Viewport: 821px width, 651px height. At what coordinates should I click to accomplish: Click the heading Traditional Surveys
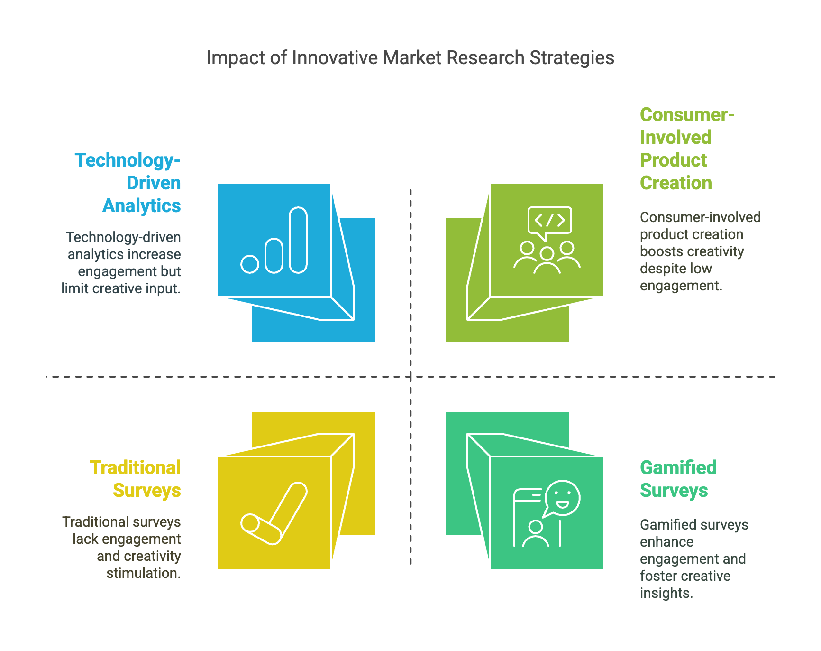(x=136, y=479)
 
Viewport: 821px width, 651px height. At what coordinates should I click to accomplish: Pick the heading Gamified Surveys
(x=678, y=479)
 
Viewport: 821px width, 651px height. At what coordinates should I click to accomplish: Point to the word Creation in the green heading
(x=675, y=183)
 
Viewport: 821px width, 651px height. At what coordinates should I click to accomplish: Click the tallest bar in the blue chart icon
(x=298, y=240)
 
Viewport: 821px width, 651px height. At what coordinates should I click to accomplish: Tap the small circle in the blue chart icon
(x=250, y=264)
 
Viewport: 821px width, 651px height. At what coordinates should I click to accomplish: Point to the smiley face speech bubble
(x=562, y=498)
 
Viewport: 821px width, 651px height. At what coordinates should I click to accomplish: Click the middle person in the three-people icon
(x=547, y=260)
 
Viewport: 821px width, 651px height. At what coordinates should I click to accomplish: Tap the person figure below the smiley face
(x=536, y=534)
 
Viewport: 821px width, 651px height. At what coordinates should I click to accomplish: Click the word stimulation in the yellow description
(x=143, y=573)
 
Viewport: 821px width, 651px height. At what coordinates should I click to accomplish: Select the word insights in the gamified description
(x=666, y=593)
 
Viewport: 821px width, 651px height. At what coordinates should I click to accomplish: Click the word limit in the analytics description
(x=74, y=288)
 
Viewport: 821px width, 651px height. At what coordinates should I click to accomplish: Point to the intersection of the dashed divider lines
(x=410, y=377)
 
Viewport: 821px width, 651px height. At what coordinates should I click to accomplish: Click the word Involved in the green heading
(x=675, y=138)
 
